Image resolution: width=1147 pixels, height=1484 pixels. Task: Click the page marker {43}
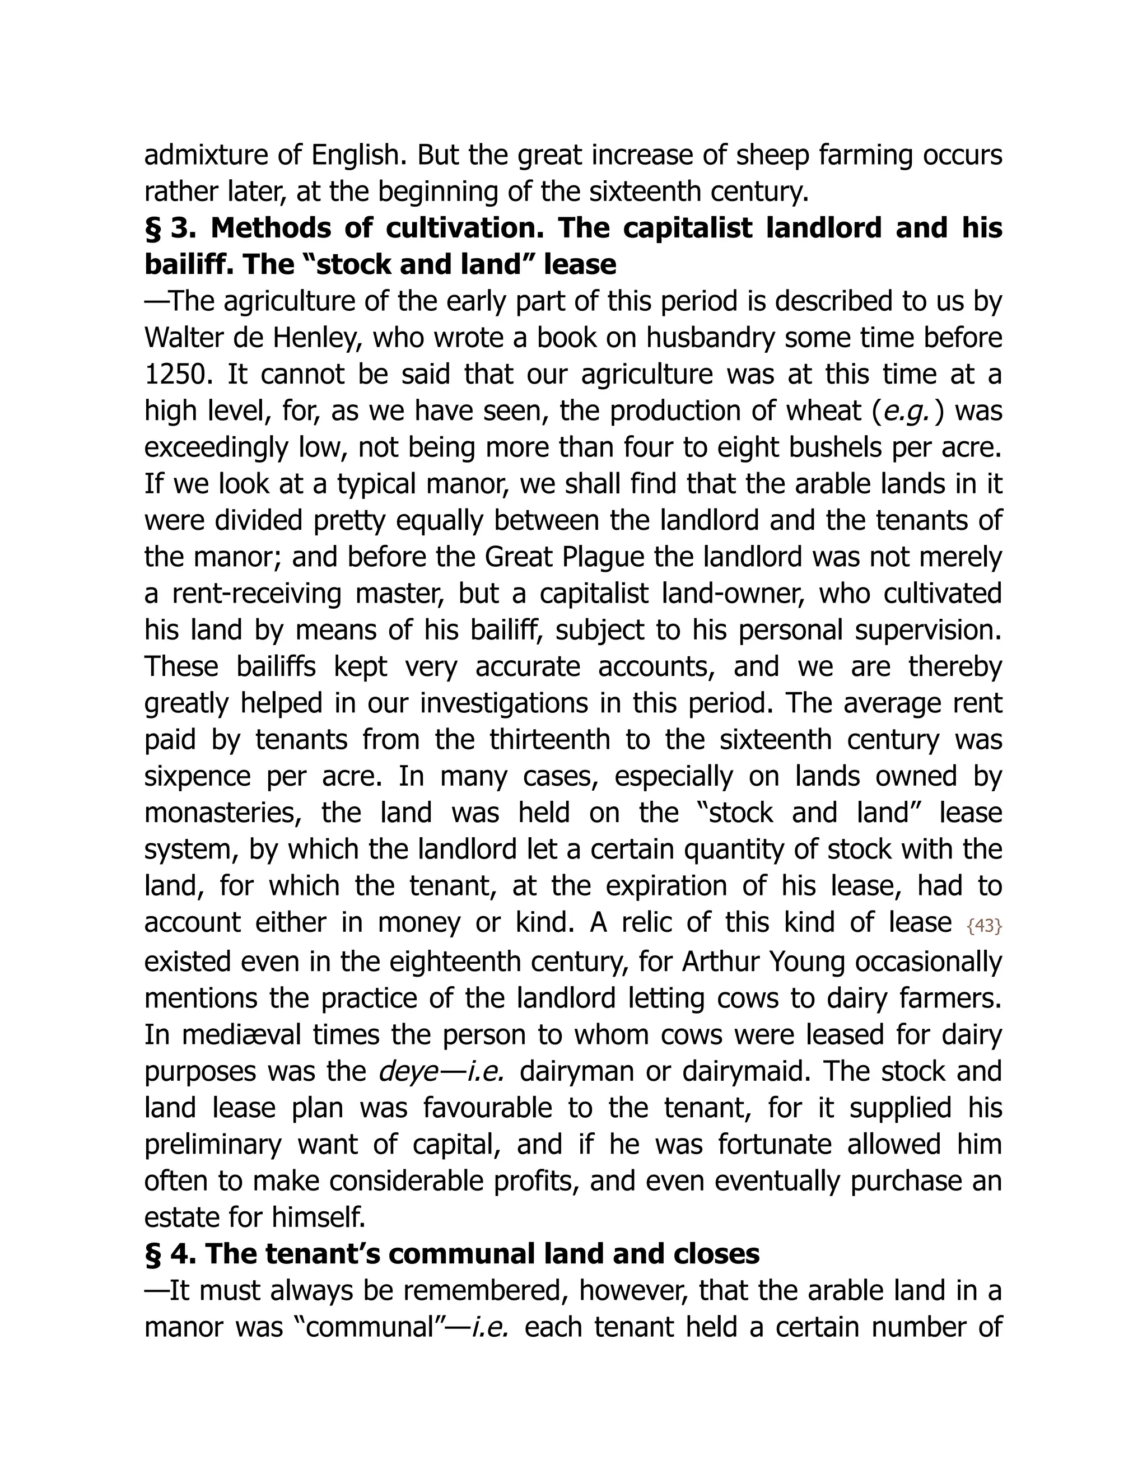(x=984, y=926)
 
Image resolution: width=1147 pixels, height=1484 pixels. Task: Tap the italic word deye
(x=408, y=1071)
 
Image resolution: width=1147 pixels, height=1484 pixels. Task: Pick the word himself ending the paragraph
(x=318, y=1217)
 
